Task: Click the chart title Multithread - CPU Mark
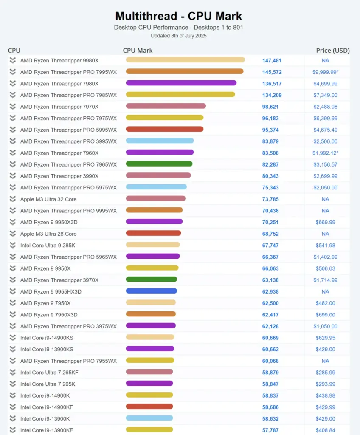click(179, 16)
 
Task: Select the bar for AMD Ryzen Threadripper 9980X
click(185, 60)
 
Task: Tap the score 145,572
click(272, 72)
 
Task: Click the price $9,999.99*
click(325, 72)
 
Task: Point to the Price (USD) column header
click(333, 50)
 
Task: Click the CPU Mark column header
click(138, 50)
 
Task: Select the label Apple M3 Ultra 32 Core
click(48, 199)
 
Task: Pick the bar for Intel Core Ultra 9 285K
click(153, 245)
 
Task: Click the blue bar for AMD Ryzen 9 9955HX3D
click(151, 291)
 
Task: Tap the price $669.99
click(325, 222)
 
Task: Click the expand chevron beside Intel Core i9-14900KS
click(13, 338)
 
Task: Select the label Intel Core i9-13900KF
click(47, 430)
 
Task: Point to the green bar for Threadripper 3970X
click(151, 280)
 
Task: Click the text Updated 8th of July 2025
click(178, 36)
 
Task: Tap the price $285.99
click(325, 373)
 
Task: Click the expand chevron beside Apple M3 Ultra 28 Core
click(13, 234)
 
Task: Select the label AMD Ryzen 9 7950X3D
click(49, 315)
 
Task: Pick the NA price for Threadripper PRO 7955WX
click(325, 361)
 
